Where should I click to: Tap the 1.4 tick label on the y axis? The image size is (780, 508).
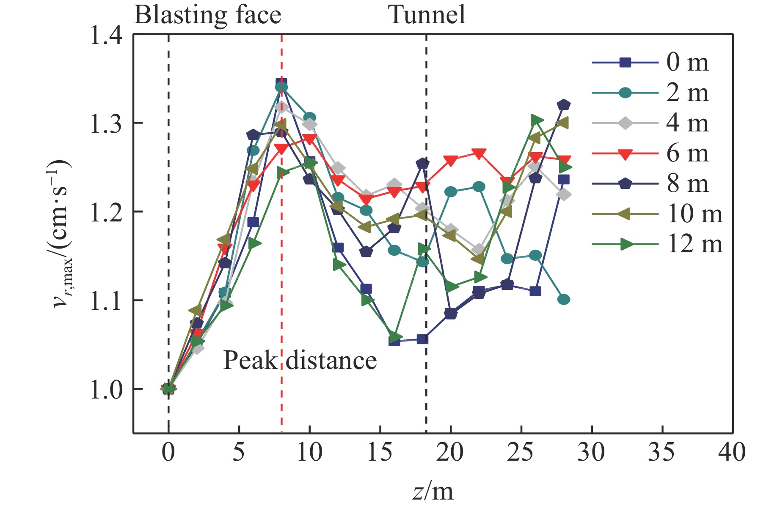[x=106, y=35]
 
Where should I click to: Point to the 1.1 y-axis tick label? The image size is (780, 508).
[x=106, y=300]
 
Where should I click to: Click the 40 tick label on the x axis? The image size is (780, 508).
[x=732, y=452]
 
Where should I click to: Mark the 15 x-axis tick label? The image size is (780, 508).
[x=380, y=452]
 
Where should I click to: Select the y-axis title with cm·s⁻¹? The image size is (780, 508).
[x=61, y=235]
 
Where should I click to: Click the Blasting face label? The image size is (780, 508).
[x=207, y=15]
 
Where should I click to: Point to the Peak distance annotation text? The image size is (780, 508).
[x=300, y=361]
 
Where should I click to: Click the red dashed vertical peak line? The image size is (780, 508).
[x=281, y=254]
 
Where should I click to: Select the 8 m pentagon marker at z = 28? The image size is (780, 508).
[x=563, y=105]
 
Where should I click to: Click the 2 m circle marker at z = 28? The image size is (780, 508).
[x=563, y=300]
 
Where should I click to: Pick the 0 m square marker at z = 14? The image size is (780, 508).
[x=366, y=289]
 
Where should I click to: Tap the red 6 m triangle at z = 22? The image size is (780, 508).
[x=479, y=154]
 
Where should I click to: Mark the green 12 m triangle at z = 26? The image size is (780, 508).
[x=536, y=120]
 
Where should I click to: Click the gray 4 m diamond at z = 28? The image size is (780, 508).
[x=563, y=195]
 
